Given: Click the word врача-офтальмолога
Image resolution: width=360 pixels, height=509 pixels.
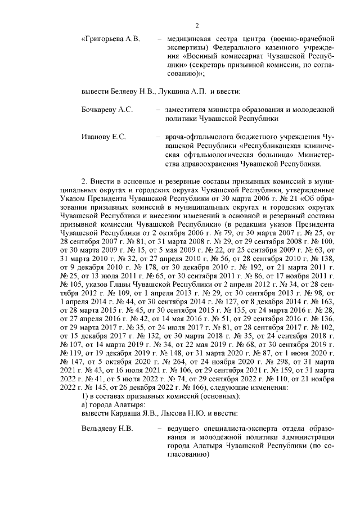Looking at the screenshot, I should coord(200,137).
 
